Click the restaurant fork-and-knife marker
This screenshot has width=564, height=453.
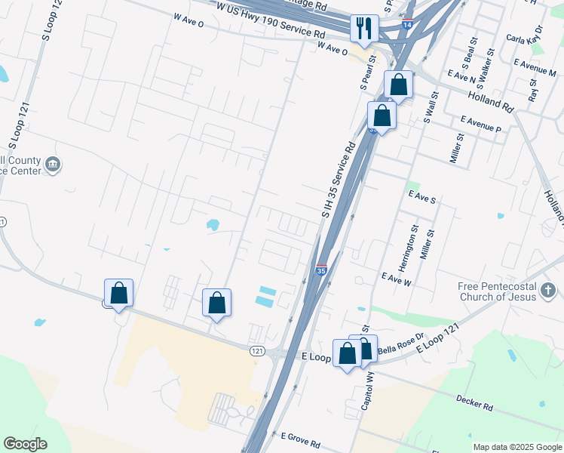click(x=365, y=29)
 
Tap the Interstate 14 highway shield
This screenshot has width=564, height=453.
click(x=408, y=25)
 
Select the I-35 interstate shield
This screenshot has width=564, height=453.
click(x=321, y=270)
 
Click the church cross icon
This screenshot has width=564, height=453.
click(x=548, y=290)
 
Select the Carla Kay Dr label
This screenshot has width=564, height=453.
click(x=526, y=39)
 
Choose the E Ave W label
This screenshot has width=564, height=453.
click(x=396, y=279)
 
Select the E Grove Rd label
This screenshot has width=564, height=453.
click(x=301, y=437)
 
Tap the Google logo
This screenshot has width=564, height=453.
click(x=25, y=444)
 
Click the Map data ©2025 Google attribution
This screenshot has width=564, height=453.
click(x=516, y=447)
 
